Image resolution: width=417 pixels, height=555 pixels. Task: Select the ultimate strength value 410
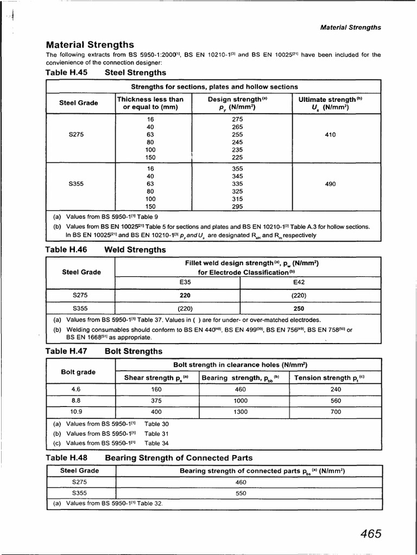pyautogui.click(x=330, y=134)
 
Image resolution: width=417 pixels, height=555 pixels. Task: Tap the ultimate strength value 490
pyautogui.click(x=330, y=184)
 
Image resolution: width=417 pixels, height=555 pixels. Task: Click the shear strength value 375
pyautogui.click(x=156, y=401)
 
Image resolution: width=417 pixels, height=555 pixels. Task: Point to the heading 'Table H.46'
pyautogui.click(x=67, y=250)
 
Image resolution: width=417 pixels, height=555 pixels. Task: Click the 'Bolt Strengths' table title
pyautogui.click(x=133, y=351)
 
